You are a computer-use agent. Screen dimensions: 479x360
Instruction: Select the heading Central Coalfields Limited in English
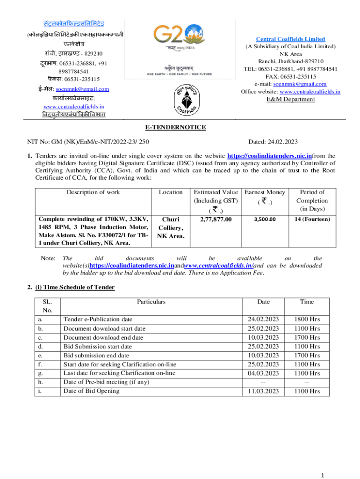(x=290, y=39)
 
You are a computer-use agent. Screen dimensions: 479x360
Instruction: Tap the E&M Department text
(x=290, y=99)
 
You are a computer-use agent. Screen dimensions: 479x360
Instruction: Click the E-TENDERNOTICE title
(x=180, y=127)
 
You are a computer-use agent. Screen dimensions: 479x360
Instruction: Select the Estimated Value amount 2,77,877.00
(x=216, y=219)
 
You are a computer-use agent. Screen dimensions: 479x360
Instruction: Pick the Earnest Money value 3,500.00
(x=265, y=219)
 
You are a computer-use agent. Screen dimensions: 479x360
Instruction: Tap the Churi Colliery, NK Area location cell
(x=170, y=227)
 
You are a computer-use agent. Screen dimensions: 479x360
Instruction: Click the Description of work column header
(x=93, y=192)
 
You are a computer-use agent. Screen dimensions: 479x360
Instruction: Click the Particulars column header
(x=151, y=302)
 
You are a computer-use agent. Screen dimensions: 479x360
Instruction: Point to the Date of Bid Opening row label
(x=91, y=391)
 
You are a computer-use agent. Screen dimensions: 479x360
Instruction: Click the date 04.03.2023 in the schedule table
(x=263, y=373)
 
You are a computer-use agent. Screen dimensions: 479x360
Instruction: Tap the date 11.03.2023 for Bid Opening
(x=263, y=391)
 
